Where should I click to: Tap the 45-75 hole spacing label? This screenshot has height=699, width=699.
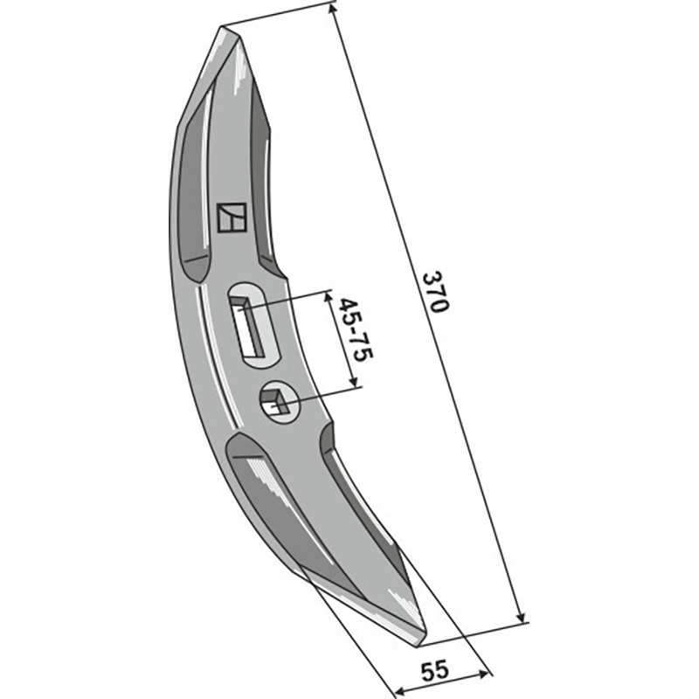355,330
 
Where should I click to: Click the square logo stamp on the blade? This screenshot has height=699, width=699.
232,218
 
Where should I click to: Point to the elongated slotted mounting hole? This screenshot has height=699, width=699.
254,325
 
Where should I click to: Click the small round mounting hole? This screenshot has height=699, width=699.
280,403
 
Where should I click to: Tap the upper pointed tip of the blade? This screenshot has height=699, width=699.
222,28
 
